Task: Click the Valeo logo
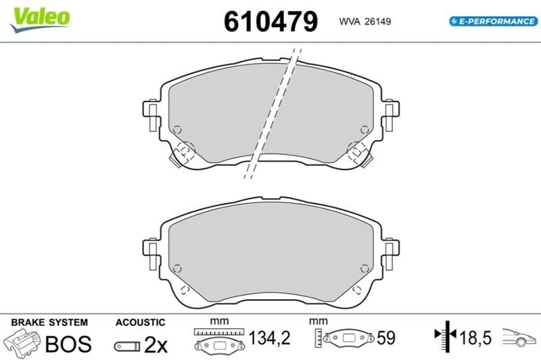pos(40,20)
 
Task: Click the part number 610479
pos(271,22)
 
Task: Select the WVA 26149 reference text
pos(365,22)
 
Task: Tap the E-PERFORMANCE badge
pos(494,22)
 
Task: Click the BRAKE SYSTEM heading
pos(49,322)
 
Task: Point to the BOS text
pos(68,344)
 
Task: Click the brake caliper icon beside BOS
pos(22,343)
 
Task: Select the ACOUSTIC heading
pos(141,322)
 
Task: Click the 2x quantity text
pos(156,344)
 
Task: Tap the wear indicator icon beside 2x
pos(127,346)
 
